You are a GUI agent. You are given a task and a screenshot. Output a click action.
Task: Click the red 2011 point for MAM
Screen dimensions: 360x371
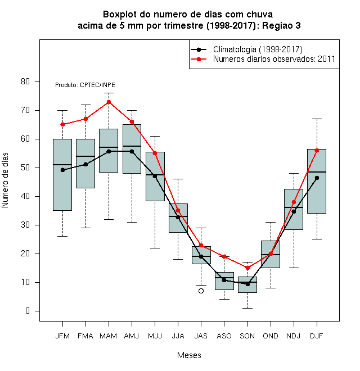(x=109, y=102)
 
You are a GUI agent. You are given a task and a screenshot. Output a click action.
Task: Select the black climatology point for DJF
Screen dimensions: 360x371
(x=317, y=178)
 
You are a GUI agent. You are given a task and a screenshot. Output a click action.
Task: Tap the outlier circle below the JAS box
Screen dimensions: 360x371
(x=201, y=291)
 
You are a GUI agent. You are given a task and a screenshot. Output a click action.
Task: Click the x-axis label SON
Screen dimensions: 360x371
(x=247, y=336)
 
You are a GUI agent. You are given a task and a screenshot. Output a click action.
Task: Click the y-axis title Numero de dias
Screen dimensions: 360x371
(x=5, y=180)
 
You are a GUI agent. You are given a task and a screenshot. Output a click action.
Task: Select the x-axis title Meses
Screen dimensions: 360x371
(x=189, y=355)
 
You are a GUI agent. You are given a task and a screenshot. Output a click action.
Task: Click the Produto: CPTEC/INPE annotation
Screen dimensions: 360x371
(x=85, y=85)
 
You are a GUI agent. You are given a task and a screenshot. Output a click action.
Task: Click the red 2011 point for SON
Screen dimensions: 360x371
(x=247, y=268)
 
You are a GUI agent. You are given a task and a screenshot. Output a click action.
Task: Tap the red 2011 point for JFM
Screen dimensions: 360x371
(x=62, y=124)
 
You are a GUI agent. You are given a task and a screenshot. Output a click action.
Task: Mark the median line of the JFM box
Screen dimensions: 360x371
(x=62, y=165)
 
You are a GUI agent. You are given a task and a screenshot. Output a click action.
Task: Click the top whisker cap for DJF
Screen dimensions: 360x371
(x=317, y=119)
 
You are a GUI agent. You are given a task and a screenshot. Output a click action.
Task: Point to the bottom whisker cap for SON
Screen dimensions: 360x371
(x=247, y=308)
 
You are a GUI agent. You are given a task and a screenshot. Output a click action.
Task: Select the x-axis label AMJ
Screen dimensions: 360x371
(x=132, y=336)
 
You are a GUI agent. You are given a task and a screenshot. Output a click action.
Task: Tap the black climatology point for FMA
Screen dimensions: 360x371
(x=85, y=164)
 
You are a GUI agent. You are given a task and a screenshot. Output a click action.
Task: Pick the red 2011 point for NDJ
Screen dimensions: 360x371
(x=294, y=202)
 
